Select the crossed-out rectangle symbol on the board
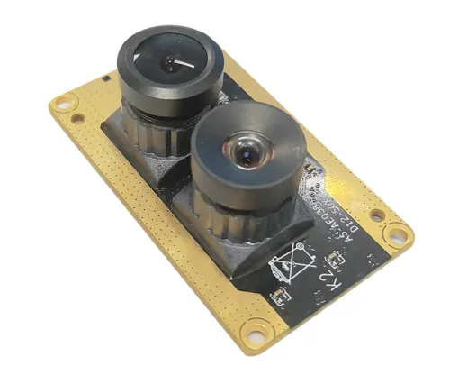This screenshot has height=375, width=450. (291, 261)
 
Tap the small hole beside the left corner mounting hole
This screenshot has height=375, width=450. (78, 117)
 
